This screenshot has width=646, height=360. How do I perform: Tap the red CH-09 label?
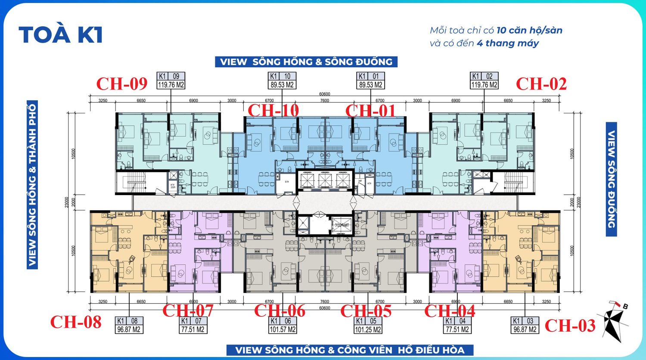tap(122, 84)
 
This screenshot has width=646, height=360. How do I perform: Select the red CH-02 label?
tap(541, 84)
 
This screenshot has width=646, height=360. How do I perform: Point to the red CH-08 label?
tap(76, 322)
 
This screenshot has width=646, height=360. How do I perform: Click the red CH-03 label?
tap(570, 326)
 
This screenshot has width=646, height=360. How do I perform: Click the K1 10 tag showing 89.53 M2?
tap(282, 81)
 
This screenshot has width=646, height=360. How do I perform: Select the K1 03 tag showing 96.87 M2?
tap(525, 325)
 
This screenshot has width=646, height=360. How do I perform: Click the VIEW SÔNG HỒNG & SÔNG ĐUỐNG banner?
tap(306, 62)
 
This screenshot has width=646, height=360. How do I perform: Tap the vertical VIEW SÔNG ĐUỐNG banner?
tap(611, 179)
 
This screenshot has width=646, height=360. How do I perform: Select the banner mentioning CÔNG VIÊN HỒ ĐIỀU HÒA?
tap(350, 350)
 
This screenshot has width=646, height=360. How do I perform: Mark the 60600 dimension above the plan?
tap(324, 94)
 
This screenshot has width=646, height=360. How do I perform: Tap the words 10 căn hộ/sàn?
tap(529, 30)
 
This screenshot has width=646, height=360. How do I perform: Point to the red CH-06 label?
tap(280, 310)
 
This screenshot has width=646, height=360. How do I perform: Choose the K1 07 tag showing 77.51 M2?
tap(193, 325)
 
